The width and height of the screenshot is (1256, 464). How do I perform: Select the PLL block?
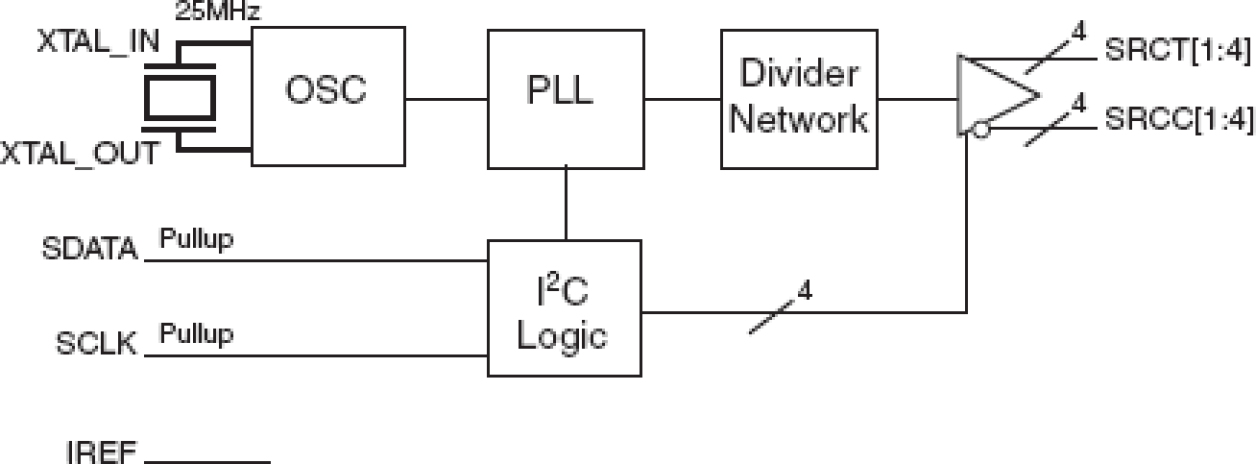pos(565,98)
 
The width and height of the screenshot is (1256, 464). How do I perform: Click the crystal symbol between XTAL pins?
pos(180,97)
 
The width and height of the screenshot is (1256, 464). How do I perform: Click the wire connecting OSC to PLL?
pos(446,98)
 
